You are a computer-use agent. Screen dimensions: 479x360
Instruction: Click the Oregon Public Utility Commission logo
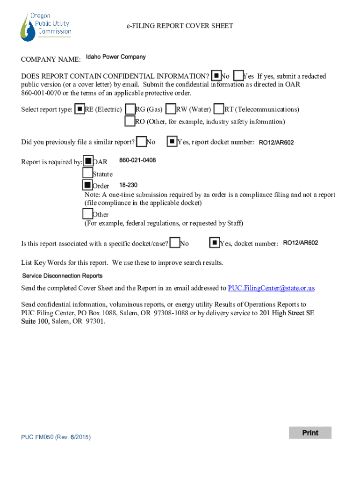[x=45, y=27]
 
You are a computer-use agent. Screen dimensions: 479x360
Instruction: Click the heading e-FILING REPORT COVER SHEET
[x=180, y=26]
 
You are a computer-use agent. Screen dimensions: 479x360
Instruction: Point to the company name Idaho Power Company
[x=116, y=57]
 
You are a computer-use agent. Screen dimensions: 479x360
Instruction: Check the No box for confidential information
[x=216, y=75]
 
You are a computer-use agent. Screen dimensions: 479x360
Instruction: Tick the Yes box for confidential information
[x=238, y=75]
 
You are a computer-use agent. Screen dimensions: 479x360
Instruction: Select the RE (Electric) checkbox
[x=80, y=109]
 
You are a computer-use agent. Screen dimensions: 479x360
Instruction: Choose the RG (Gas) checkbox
[x=130, y=109]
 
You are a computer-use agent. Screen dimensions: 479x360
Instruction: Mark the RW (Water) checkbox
[x=171, y=109]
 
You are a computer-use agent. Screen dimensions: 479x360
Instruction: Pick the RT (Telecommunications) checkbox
[x=219, y=109]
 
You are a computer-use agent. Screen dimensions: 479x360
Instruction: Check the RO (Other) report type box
[x=130, y=121]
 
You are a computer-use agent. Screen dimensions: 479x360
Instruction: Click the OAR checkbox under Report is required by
[x=88, y=161]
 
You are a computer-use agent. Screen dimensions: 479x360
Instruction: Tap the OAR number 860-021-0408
[x=137, y=160]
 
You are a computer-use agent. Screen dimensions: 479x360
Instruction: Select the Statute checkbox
[x=87, y=173]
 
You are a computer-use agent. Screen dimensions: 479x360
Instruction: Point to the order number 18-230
[x=128, y=185]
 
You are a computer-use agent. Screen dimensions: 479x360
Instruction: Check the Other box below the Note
[x=87, y=214]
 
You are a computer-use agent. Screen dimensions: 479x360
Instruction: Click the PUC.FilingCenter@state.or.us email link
[x=271, y=288]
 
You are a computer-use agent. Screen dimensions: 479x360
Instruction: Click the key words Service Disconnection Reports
[x=62, y=276]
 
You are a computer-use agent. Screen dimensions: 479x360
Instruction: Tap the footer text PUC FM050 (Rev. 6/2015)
[x=56, y=437]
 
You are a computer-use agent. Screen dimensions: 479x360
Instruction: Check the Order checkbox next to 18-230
[x=87, y=185]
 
